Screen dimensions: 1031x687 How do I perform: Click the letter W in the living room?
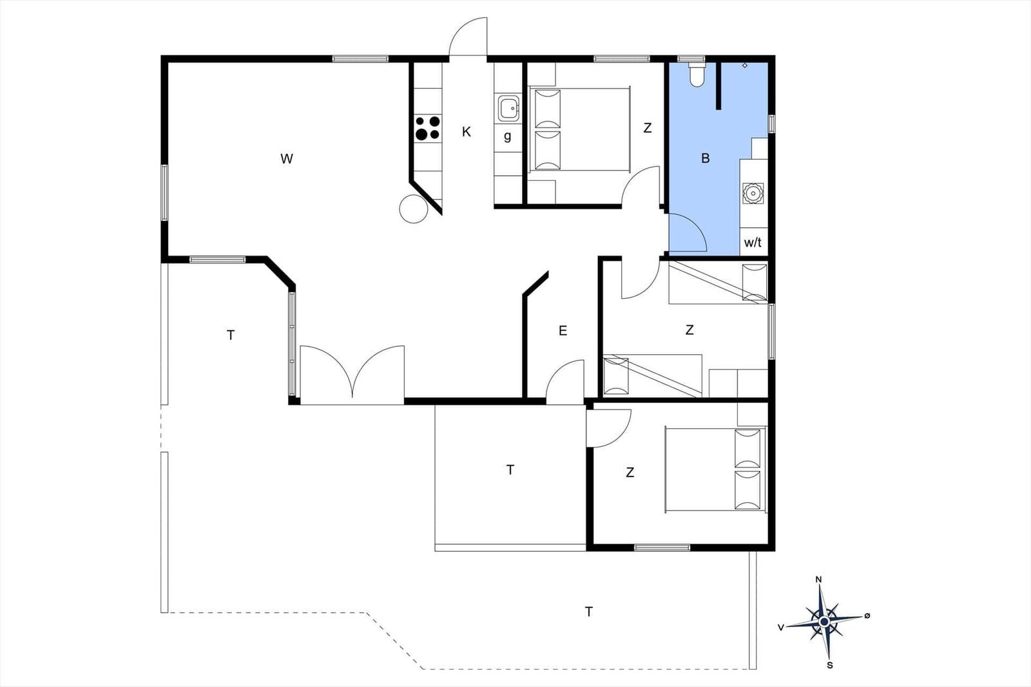[x=287, y=159]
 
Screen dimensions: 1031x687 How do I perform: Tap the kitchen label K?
[x=467, y=132]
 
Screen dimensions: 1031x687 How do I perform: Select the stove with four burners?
[x=428, y=128]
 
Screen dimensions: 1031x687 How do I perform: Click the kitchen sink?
[x=508, y=108]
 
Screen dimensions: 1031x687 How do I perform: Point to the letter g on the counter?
[x=508, y=136]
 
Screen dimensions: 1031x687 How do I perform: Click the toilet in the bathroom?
[x=697, y=75]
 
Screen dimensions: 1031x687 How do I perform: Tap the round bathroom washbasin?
[x=753, y=194]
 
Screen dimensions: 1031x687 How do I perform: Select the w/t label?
[x=753, y=242]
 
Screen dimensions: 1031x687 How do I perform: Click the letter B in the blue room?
[x=705, y=158]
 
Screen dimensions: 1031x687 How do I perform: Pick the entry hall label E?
[x=563, y=331]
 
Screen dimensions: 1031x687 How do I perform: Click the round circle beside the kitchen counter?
[x=414, y=209]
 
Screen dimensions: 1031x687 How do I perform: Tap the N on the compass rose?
[x=819, y=579]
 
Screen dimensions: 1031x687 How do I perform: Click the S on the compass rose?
[x=830, y=665]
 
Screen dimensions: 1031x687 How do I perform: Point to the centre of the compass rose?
[x=825, y=622]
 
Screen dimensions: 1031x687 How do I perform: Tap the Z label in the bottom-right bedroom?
[x=630, y=472]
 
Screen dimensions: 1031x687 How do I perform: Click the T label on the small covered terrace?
[x=510, y=470]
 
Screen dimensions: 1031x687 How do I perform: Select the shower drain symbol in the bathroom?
[x=745, y=65]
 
